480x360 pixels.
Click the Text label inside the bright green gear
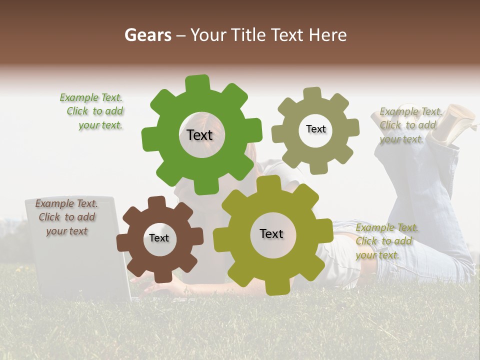tap(199, 135)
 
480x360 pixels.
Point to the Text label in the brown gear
tap(159, 238)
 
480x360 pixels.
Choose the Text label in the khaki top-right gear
tap(315, 129)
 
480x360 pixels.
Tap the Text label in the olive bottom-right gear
tap(271, 233)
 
